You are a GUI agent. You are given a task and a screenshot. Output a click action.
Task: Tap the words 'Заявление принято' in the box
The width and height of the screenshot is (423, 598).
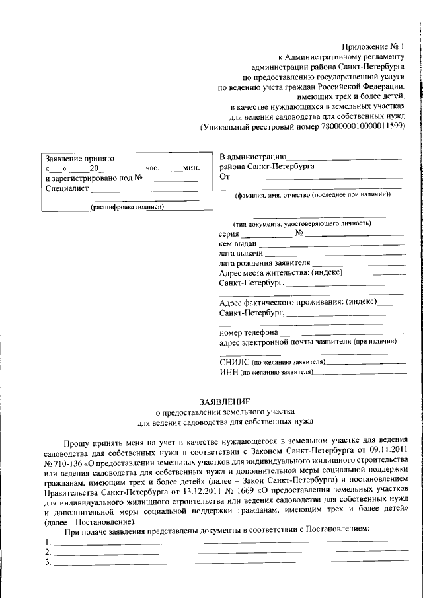79,159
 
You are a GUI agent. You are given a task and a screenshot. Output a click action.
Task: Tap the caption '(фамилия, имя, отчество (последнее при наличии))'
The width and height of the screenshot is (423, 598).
313,194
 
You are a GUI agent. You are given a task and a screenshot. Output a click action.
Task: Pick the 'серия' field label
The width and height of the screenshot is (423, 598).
229,234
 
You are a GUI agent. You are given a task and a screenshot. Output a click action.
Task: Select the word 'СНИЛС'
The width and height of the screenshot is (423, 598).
232,363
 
